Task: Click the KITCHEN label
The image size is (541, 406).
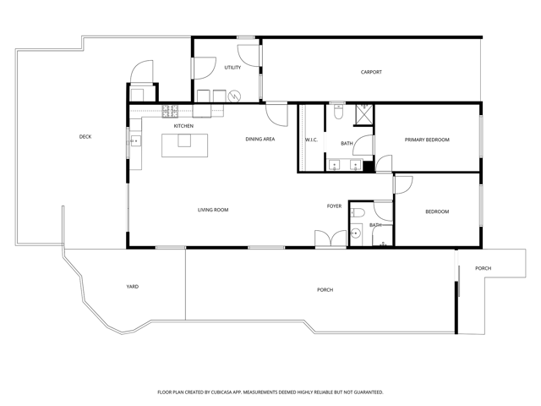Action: pyautogui.click(x=183, y=126)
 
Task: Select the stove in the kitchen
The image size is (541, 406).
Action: pyautogui.click(x=169, y=110)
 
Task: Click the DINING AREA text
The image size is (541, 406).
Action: pyautogui.click(x=260, y=139)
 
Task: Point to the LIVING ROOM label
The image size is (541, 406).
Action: pyautogui.click(x=213, y=210)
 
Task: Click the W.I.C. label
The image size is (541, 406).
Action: pyautogui.click(x=310, y=140)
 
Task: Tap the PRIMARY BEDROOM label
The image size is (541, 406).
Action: pyautogui.click(x=426, y=140)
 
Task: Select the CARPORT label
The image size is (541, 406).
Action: pyautogui.click(x=371, y=72)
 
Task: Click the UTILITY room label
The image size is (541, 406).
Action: pyautogui.click(x=232, y=68)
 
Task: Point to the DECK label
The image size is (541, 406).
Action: pyautogui.click(x=85, y=136)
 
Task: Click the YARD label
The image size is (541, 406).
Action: pyautogui.click(x=133, y=287)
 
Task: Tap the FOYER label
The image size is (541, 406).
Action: pyautogui.click(x=335, y=206)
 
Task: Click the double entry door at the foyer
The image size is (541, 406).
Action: pyautogui.click(x=330, y=239)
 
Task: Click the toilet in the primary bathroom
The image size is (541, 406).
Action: pyautogui.click(x=338, y=107)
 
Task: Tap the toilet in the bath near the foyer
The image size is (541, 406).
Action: pyautogui.click(x=358, y=212)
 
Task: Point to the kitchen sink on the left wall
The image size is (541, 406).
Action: pyautogui.click(x=134, y=140)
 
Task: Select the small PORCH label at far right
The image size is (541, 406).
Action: pyautogui.click(x=483, y=268)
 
